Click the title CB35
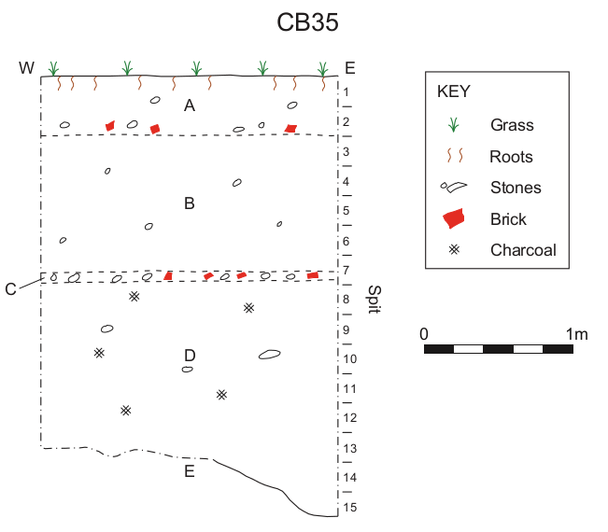click(x=307, y=22)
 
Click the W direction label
click(x=26, y=68)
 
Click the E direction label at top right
click(x=350, y=68)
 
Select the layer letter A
click(x=190, y=105)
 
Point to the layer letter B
click(x=190, y=203)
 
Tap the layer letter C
click(x=10, y=289)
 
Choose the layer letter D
click(x=190, y=356)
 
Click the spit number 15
click(x=349, y=507)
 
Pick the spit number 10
click(x=349, y=358)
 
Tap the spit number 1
click(x=346, y=92)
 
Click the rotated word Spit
click(x=375, y=300)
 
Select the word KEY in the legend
click(x=453, y=91)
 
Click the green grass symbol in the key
click(x=453, y=125)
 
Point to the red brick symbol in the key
click(x=454, y=218)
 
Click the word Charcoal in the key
click(x=523, y=250)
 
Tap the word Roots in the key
click(x=511, y=157)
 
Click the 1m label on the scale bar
click(x=576, y=334)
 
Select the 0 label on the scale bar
click(x=424, y=334)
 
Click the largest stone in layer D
click(x=270, y=354)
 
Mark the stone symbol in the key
click(x=454, y=188)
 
